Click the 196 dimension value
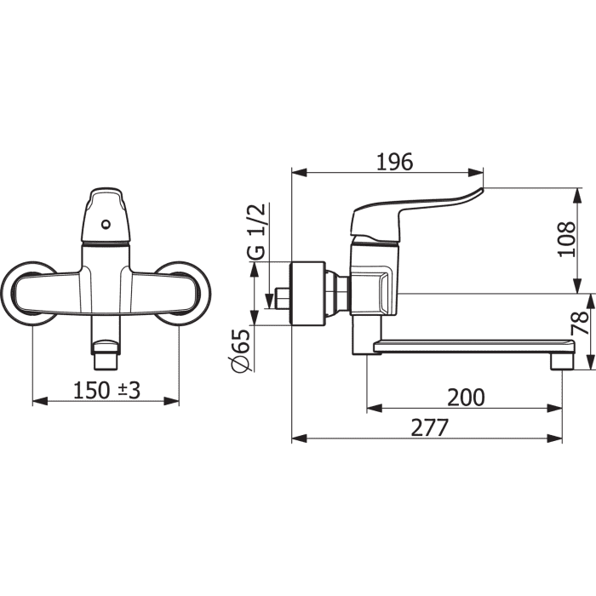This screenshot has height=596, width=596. pos(394,163)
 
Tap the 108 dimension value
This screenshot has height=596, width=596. pos(566,239)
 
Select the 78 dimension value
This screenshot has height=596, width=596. pos(581,323)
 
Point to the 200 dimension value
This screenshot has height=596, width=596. pos(466,398)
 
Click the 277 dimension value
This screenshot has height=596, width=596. pos(430,428)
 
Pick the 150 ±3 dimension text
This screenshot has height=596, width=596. pos(106,390)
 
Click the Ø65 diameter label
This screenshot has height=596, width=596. pos(242,351)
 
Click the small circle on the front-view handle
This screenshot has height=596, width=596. pos(106,225)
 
